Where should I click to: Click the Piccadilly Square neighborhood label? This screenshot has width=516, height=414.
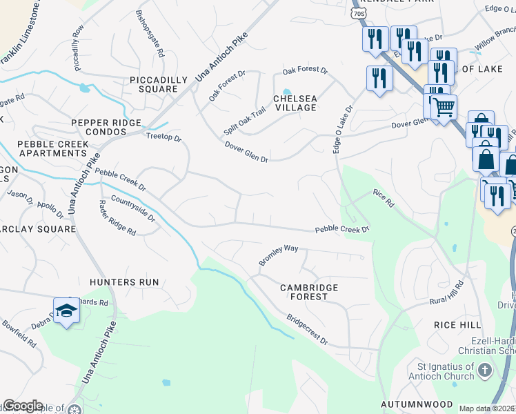159,84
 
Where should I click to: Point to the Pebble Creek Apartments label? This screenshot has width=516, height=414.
53,148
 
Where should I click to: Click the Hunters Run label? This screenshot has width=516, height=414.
124,282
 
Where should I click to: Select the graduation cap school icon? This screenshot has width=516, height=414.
66,312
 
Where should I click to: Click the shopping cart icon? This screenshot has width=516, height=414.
444,107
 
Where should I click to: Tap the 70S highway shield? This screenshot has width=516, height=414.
358,13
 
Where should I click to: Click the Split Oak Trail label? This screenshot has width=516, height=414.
244,121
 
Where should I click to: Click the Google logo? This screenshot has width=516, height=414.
22,406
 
